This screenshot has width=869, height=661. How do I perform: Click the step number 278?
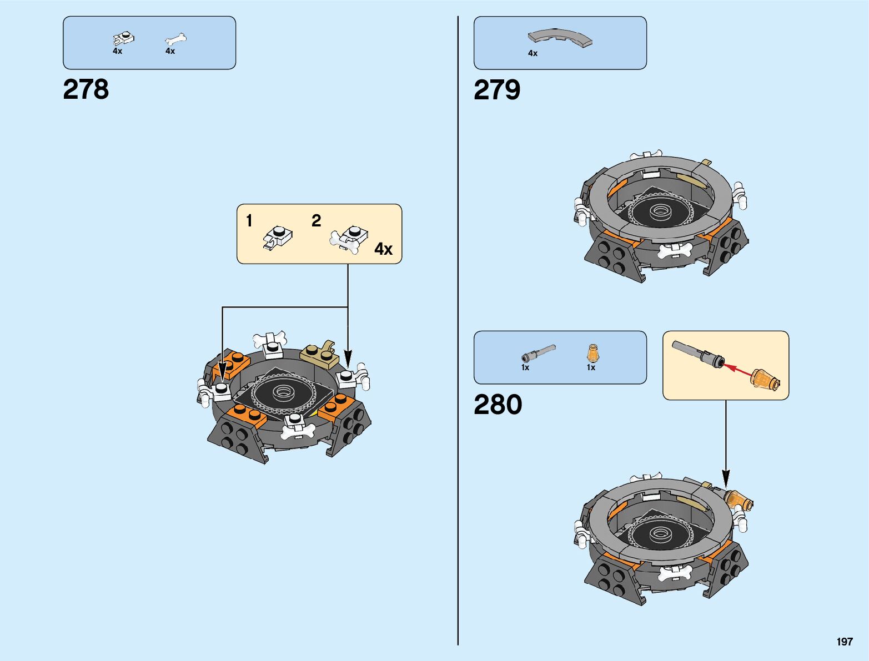click(86, 89)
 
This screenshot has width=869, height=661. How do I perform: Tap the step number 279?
click(497, 90)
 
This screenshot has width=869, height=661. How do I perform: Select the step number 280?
click(498, 405)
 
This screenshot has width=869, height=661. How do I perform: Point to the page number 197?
click(844, 642)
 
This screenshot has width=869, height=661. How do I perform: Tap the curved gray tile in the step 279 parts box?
click(560, 38)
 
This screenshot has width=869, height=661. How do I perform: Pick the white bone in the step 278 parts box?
click(176, 39)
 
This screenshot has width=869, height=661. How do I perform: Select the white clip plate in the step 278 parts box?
click(124, 39)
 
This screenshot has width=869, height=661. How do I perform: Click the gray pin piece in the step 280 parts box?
click(538, 352)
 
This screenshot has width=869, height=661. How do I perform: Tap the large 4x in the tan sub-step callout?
click(383, 249)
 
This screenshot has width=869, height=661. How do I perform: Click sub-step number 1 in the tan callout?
click(249, 221)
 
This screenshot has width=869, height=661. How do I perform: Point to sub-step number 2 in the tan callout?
click(316, 221)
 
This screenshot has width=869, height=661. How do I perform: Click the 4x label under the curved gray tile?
click(533, 53)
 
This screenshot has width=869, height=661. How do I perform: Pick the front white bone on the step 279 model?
click(675, 251)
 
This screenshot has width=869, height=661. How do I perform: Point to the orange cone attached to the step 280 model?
click(739, 499)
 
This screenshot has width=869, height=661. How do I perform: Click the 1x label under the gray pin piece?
click(525, 367)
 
